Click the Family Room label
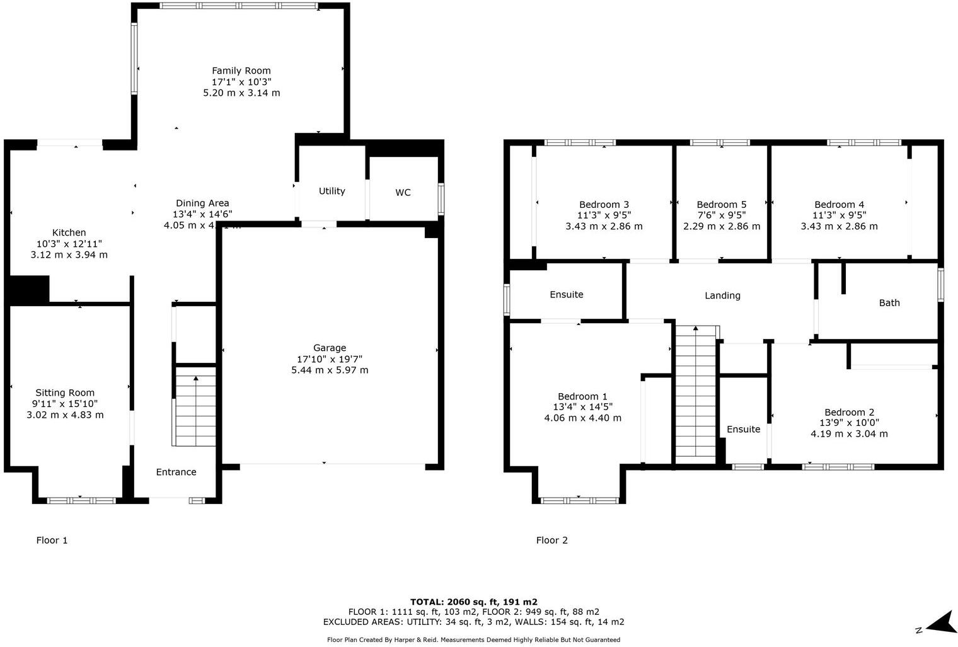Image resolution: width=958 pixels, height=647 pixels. click(241, 71)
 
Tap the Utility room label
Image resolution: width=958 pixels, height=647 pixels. click(332, 191)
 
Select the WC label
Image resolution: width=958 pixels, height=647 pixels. click(403, 192)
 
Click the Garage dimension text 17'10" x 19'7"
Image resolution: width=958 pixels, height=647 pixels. click(330, 359)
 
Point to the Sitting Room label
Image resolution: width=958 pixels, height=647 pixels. click(65, 392)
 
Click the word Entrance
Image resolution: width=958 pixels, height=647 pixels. click(176, 472)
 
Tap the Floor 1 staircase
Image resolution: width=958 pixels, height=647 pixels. click(195, 409)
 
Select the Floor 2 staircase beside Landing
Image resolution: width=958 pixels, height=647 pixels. click(696, 394)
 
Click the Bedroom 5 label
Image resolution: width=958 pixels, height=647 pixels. click(721, 204)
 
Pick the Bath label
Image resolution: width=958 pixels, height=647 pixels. click(889, 302)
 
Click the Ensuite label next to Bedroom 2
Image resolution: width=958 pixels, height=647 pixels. click(743, 429)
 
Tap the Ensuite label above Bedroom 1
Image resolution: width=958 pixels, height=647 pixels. click(566, 294)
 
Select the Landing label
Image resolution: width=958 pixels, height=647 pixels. click(722, 295)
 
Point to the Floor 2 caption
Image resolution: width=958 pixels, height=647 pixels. click(551, 540)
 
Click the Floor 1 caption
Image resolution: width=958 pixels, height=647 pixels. click(52, 540)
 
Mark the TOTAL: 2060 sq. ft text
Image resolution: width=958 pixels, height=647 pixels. click(473, 602)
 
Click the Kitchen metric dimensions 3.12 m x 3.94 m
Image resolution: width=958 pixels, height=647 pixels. click(69, 255)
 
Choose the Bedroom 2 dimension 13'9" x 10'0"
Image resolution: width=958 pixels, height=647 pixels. click(849, 423)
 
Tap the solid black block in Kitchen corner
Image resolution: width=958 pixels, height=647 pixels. click(29, 290)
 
